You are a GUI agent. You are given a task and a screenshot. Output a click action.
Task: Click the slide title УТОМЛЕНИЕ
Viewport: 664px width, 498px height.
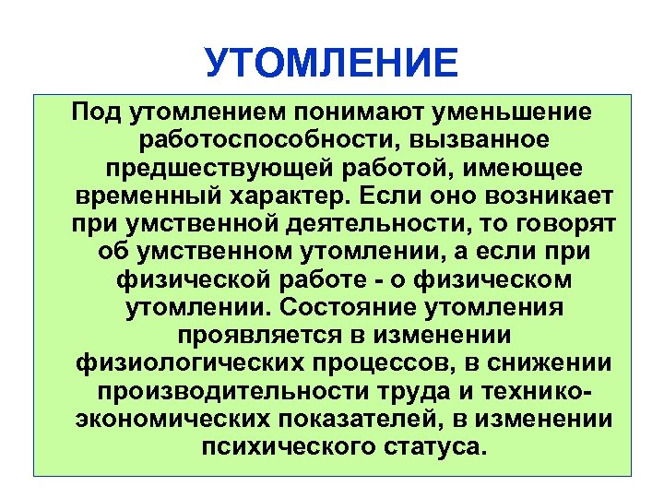[x=331, y=64]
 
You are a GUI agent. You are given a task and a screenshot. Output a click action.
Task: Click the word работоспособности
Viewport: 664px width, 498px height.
[x=276, y=141]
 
